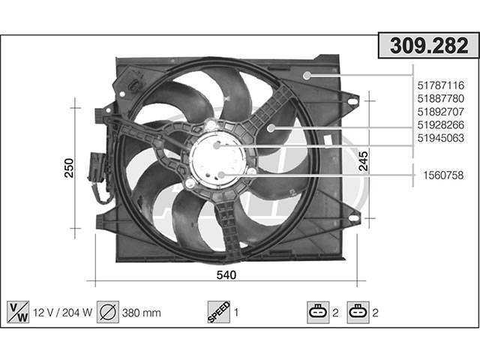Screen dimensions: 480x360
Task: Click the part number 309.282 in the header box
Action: coord(429,46)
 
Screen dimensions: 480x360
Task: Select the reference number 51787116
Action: coord(441,85)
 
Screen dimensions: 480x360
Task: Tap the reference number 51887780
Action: coord(441,98)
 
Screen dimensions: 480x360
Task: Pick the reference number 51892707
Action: coord(441,112)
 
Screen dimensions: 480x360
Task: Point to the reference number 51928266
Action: coord(441,125)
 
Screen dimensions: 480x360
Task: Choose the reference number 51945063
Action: coord(441,138)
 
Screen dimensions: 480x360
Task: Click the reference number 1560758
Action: coord(443,175)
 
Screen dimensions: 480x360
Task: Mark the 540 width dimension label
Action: coord(226,275)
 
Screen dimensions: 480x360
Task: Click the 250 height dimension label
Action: coord(69,168)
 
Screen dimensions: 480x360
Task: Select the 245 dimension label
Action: coord(363,161)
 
